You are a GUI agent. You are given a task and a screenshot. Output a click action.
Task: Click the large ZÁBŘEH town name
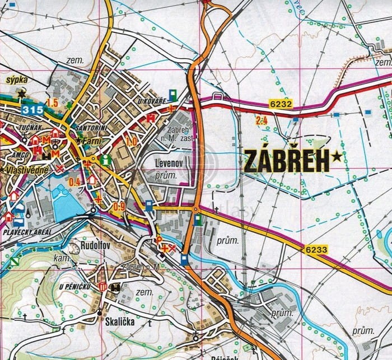[286, 161]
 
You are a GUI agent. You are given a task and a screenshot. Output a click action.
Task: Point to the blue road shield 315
[32, 110]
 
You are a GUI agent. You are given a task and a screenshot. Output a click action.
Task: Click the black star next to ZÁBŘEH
[336, 157]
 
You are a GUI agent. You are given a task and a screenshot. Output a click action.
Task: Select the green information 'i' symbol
[106, 160]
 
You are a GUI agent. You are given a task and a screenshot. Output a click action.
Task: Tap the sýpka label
[16, 80]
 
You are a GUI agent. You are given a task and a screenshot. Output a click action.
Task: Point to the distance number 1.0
[132, 142]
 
